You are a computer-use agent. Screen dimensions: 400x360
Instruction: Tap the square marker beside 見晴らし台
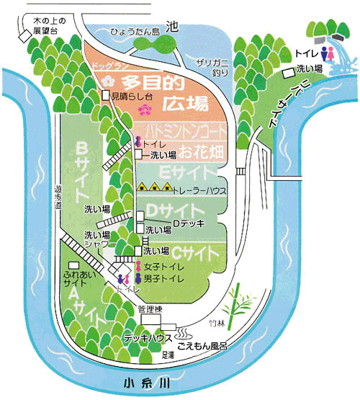[105, 94]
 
